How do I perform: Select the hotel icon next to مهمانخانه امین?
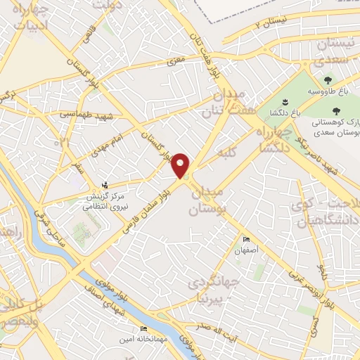click(144, 329)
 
